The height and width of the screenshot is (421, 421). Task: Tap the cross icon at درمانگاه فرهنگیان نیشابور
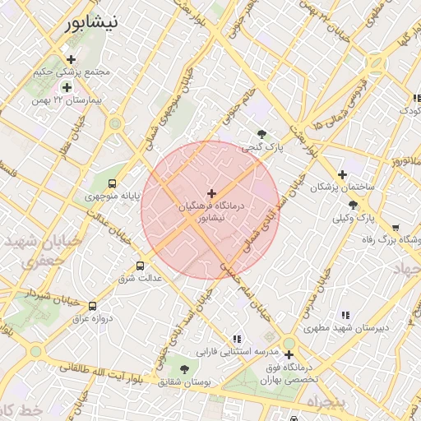(x=211, y=192)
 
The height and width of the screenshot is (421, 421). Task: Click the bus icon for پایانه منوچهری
(x=112, y=183)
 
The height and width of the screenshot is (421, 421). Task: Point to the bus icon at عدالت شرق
(x=140, y=266)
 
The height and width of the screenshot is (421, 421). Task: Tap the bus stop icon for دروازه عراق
(x=92, y=305)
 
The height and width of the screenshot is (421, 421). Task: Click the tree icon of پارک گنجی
(x=261, y=134)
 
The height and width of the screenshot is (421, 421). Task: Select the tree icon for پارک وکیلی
(x=354, y=205)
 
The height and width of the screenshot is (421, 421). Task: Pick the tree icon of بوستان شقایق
(x=184, y=369)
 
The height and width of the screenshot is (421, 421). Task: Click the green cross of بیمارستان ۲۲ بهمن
(x=67, y=86)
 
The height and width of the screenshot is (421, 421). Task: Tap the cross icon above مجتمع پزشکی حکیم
(x=72, y=59)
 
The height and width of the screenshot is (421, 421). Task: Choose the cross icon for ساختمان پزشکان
(x=342, y=174)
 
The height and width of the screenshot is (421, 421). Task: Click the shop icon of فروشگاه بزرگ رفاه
(x=396, y=228)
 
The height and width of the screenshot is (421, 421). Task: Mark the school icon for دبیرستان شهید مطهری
(x=345, y=314)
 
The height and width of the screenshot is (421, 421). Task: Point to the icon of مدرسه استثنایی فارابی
(x=237, y=338)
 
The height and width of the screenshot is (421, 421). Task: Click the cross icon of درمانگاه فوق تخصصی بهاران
(x=289, y=355)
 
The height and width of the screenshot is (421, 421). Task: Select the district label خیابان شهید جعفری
(x=41, y=251)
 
